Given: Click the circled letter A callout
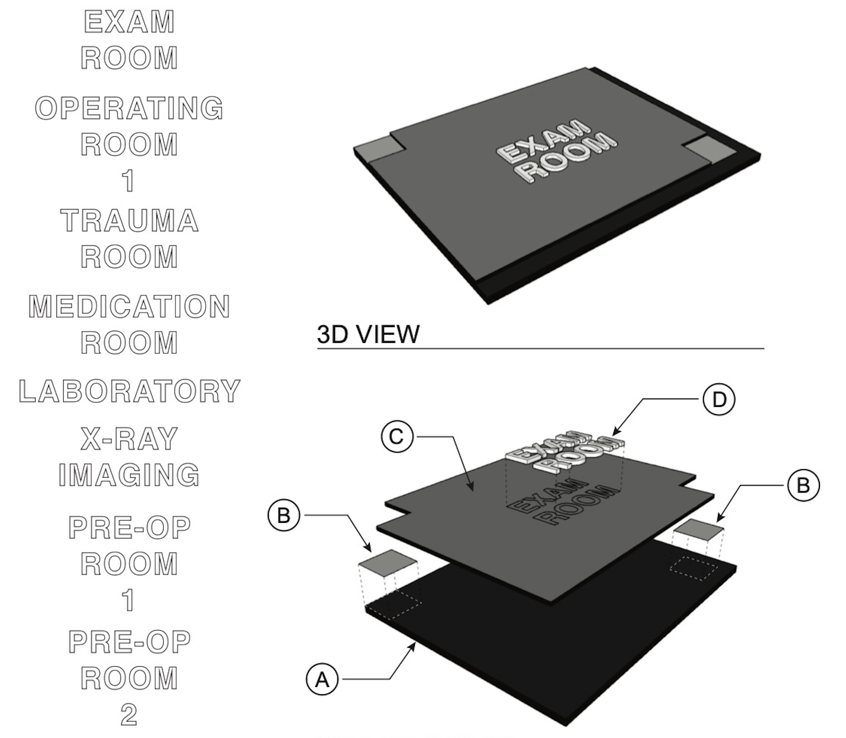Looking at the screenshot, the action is click(x=322, y=679).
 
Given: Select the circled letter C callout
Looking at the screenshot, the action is click(x=397, y=437).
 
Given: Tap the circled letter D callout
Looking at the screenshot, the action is click(x=718, y=399).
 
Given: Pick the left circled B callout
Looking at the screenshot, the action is click(x=284, y=515).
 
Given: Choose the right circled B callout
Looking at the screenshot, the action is click(x=803, y=485).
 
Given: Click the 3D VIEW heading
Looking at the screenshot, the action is click(x=368, y=334).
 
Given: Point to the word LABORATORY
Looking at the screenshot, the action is click(x=129, y=391).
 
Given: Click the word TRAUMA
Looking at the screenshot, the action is click(x=129, y=221).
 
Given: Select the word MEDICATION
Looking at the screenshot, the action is click(x=129, y=306).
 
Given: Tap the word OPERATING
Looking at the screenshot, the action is click(x=129, y=108).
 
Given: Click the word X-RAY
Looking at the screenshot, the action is click(x=129, y=439).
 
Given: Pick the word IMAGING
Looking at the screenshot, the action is click(x=129, y=475).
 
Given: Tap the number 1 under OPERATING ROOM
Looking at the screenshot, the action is click(x=129, y=181).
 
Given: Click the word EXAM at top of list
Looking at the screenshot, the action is click(x=129, y=22).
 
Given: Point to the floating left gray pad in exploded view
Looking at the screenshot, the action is click(x=388, y=562).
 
